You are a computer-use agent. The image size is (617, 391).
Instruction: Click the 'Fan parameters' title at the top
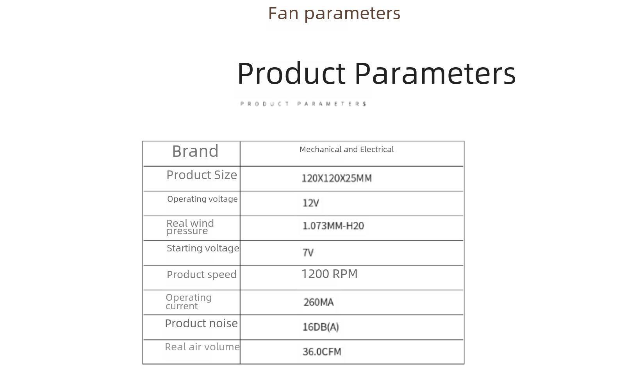tap(334, 14)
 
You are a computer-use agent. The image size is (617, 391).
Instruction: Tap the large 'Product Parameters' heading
tap(376, 74)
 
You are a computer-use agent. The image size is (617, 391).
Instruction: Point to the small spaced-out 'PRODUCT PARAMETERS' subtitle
tap(303, 104)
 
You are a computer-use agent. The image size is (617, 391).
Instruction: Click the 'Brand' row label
tap(195, 151)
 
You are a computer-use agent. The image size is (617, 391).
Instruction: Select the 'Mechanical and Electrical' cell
tap(346, 149)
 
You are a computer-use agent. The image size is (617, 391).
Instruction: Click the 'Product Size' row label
tap(202, 175)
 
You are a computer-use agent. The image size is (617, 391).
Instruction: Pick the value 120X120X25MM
tap(337, 178)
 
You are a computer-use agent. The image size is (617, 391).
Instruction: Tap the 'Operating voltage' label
tap(202, 199)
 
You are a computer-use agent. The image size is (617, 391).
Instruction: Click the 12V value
tap(311, 203)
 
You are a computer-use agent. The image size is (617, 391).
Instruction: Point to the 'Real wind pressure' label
tap(190, 227)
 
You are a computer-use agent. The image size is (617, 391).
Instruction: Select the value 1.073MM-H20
tap(333, 226)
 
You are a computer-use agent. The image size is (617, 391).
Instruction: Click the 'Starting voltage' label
tap(203, 248)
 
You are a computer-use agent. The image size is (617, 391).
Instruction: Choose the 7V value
tap(308, 252)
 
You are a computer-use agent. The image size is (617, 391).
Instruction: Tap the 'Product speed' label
tap(202, 274)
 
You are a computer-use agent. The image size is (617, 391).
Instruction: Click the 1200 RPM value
tap(330, 274)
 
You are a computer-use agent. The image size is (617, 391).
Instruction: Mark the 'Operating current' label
tap(189, 302)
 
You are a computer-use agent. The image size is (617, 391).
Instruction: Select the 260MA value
tap(318, 302)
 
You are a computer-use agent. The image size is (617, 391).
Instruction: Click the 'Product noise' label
tap(202, 323)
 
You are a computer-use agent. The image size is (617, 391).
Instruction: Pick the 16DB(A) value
tap(321, 327)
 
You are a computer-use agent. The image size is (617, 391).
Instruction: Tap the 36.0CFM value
tap(322, 352)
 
